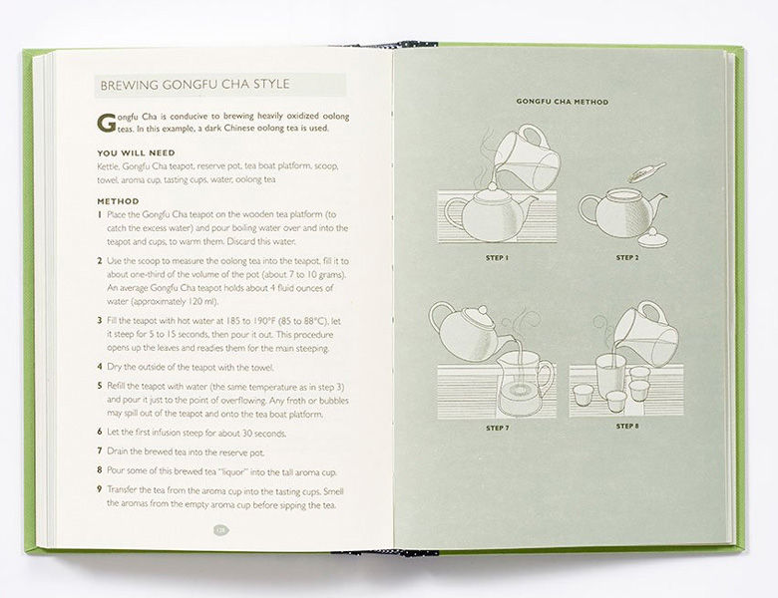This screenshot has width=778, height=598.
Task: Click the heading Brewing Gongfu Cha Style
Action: [x=194, y=85]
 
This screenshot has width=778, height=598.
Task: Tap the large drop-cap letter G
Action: [x=106, y=123]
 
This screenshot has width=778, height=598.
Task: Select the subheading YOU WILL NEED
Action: [x=136, y=152]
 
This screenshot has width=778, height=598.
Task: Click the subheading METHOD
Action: [x=118, y=201]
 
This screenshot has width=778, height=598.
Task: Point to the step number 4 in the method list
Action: [x=100, y=367]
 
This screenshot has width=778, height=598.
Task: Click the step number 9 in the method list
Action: [x=100, y=490]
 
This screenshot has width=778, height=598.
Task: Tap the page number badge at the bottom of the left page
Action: [x=220, y=530]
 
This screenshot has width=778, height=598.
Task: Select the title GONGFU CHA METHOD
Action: [x=563, y=102]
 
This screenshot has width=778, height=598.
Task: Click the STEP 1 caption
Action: [x=497, y=258]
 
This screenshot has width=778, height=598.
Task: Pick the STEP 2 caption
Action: [x=627, y=258]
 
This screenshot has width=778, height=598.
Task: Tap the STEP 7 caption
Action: [x=498, y=428]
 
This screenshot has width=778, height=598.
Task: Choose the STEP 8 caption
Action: [x=627, y=426]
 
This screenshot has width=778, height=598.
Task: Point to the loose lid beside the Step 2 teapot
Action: [x=650, y=237]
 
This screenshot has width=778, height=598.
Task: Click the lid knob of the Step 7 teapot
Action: [x=481, y=311]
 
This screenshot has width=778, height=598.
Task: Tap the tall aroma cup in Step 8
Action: [x=608, y=376]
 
